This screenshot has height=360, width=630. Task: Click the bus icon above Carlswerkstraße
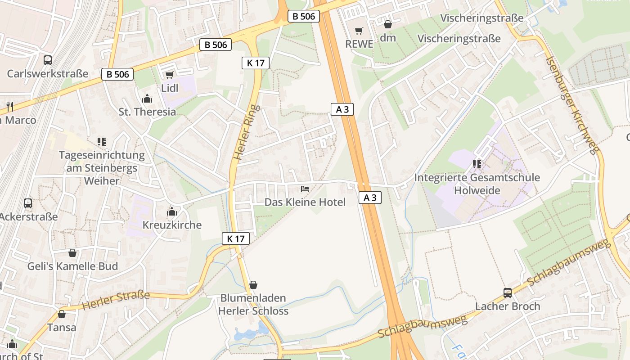pos(47,60)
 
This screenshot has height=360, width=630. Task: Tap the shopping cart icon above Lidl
pos(169,75)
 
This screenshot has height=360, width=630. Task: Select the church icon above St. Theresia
pos(147,99)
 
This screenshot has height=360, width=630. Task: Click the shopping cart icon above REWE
pos(359,31)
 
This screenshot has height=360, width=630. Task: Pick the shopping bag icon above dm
pos(388,24)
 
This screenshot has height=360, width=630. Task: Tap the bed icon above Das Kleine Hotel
pos(305,189)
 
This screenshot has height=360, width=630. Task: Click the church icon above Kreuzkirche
pos(172,211)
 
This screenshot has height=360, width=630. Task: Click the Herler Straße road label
pos(116,300)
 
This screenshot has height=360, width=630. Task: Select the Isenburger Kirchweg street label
pos(571,105)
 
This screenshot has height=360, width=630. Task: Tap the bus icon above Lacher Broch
pos(508,293)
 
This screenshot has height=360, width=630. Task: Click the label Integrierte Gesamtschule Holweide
pos(477,184)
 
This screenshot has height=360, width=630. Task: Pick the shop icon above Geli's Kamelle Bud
pos(72,253)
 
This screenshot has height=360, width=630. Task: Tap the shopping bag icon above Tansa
pos(62,314)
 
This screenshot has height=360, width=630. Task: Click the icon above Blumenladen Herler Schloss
pos(253,285)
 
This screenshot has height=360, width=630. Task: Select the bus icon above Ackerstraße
pos(28,203)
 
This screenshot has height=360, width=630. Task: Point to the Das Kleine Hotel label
pos(305,202)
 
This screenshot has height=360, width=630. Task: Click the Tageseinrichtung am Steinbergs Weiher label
pos(102,168)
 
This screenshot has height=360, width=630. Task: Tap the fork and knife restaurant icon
pos(10,107)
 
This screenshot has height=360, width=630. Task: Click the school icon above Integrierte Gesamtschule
pos(477,164)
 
